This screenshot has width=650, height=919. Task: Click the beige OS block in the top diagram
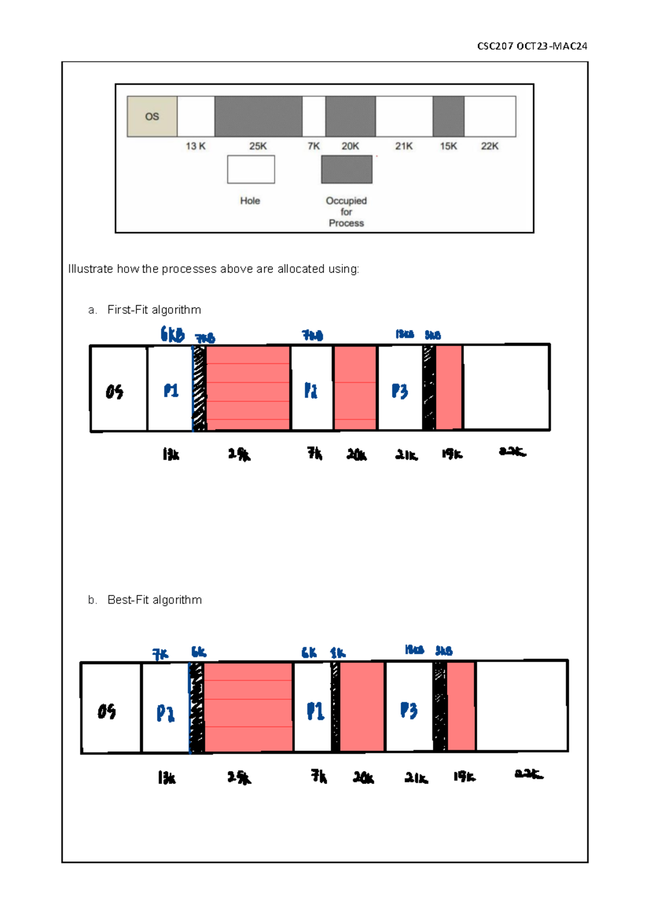(152, 117)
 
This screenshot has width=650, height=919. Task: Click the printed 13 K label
(196, 146)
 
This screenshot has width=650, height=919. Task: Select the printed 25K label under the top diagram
(258, 146)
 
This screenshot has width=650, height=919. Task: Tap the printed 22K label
(490, 146)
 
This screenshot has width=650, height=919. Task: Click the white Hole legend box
(251, 170)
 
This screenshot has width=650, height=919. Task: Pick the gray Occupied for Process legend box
(347, 170)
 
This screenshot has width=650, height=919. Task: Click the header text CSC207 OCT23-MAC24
(532, 46)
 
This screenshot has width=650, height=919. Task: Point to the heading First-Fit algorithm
(154, 310)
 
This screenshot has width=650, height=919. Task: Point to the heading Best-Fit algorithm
(154, 600)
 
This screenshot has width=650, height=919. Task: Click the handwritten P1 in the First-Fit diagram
(171, 391)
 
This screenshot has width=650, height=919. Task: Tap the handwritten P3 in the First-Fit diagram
(400, 391)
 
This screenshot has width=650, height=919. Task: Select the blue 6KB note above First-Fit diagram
(172, 334)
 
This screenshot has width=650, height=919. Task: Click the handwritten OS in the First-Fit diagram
(114, 391)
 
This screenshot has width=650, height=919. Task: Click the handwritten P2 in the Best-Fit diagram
(166, 713)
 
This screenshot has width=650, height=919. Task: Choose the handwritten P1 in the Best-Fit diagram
(315, 711)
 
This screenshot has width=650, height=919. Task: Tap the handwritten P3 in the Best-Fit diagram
(409, 710)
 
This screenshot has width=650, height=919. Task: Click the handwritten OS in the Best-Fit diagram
(107, 711)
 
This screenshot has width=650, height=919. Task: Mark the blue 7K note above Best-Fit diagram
(160, 655)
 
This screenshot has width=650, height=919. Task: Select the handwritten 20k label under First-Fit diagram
(356, 455)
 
